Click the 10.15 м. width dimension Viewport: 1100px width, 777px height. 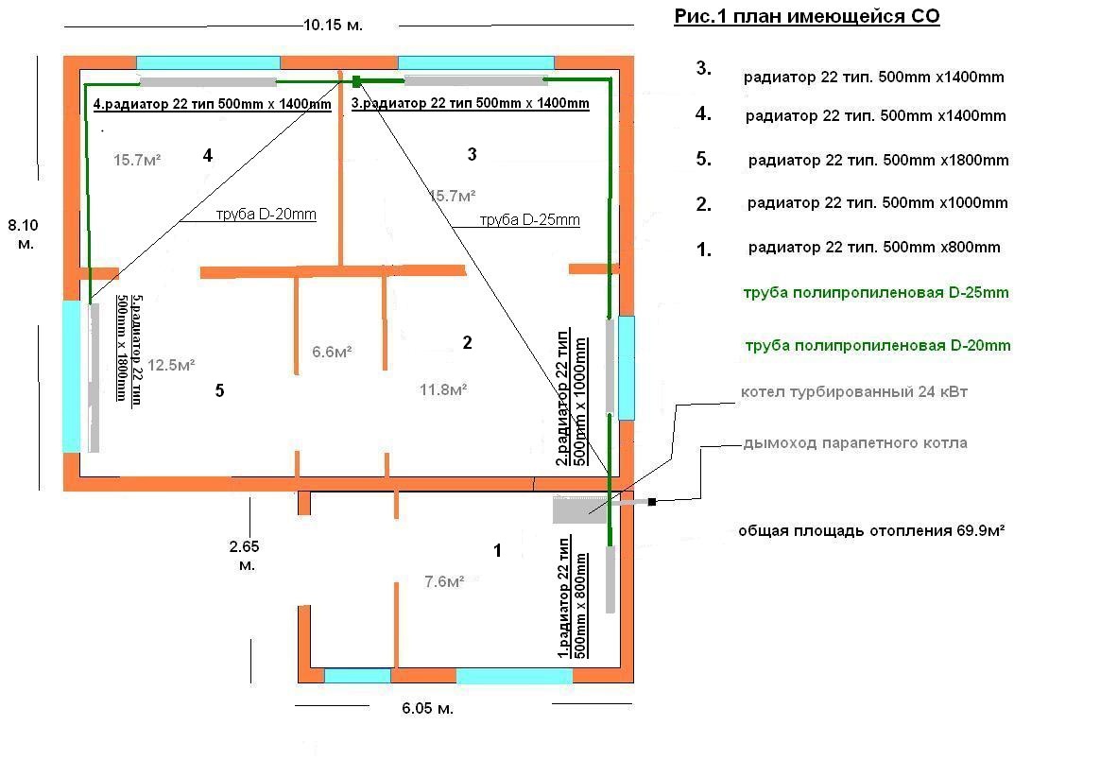(x=333, y=26)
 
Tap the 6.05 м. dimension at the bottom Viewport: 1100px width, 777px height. (x=427, y=708)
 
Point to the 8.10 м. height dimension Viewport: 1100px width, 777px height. (x=23, y=234)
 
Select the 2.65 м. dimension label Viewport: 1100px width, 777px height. (x=244, y=555)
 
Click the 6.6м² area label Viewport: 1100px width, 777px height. (x=332, y=352)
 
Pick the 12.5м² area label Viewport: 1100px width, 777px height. (x=171, y=365)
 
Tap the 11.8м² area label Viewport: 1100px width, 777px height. (x=443, y=389)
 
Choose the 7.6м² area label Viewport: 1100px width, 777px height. (x=444, y=582)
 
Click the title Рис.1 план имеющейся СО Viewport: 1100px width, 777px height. (x=807, y=17)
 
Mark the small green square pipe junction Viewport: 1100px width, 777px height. (x=356, y=81)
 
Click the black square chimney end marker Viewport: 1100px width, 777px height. (x=652, y=502)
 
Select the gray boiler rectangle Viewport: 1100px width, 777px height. (x=579, y=509)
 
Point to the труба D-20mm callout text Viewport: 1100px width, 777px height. (x=266, y=214)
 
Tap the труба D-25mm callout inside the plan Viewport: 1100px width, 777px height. (x=529, y=219)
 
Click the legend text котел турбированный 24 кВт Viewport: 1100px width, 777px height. (x=854, y=392)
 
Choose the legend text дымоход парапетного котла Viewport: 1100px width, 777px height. (x=855, y=443)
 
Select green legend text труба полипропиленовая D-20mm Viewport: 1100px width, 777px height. (x=878, y=345)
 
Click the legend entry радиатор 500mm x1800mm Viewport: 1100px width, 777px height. (x=878, y=160)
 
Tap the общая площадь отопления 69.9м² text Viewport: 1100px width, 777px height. (x=871, y=530)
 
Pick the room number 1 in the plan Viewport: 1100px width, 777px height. (x=497, y=550)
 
